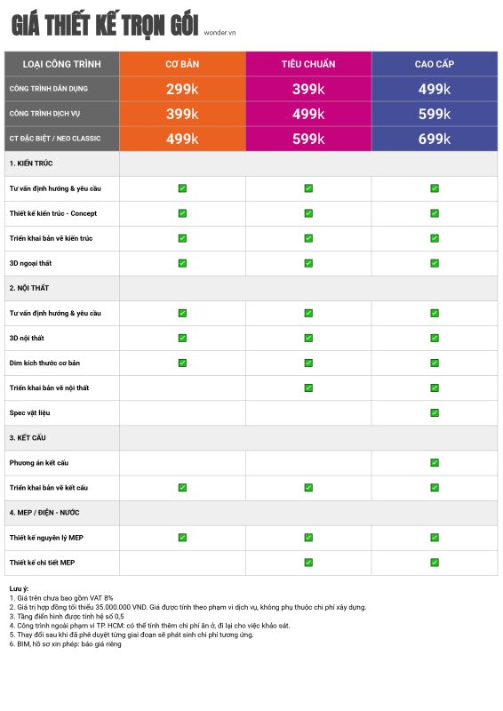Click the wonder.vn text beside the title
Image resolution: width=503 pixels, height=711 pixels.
pyautogui.click(x=220, y=33)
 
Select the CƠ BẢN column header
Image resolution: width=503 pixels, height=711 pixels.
pyautogui.click(x=182, y=64)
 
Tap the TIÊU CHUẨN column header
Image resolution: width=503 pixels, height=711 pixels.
pyautogui.click(x=308, y=64)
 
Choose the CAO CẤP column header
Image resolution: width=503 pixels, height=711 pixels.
pyautogui.click(x=435, y=64)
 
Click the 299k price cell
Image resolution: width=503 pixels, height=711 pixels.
pyautogui.click(x=182, y=89)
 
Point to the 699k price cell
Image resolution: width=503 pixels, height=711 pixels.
pyautogui.click(x=435, y=139)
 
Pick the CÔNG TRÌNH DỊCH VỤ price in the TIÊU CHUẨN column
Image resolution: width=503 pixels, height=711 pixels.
pyautogui.click(x=308, y=114)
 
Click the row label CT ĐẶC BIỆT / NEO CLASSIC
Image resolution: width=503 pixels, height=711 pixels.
pyautogui.click(x=55, y=139)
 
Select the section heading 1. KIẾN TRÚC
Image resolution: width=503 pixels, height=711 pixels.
pyautogui.click(x=31, y=164)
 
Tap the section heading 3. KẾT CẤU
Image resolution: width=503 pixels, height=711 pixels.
pyautogui.click(x=28, y=437)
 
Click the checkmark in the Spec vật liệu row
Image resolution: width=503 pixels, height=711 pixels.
pyautogui.click(x=435, y=412)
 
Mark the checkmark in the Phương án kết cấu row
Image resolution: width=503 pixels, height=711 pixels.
pyautogui.click(x=435, y=462)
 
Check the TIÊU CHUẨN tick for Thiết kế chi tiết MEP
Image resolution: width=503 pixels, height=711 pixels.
pyautogui.click(x=308, y=563)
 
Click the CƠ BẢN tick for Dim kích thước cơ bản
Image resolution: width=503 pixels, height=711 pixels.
pyautogui.click(x=182, y=363)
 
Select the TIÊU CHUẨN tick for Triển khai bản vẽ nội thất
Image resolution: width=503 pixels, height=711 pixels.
pyautogui.click(x=308, y=387)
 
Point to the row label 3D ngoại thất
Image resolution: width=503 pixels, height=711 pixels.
pyautogui.click(x=30, y=263)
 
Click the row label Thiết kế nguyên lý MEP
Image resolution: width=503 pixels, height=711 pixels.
pyautogui.click(x=46, y=538)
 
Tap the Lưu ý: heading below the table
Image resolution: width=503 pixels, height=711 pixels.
pyautogui.click(x=19, y=588)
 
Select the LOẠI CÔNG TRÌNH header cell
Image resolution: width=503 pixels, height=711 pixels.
pyautogui.click(x=61, y=64)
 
